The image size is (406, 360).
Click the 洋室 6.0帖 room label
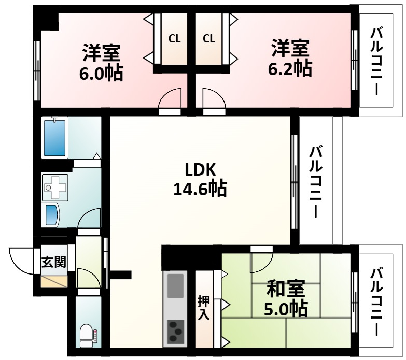[x=101, y=62]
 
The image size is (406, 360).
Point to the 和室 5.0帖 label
[x=286, y=299]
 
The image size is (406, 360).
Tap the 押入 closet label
[x=204, y=308]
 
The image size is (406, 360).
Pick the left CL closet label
[x=174, y=38]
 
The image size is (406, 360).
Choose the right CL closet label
[x=209, y=38]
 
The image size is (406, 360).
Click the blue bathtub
[x=55, y=137]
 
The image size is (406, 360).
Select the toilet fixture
[x=88, y=334]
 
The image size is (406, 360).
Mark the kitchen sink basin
[x=176, y=286]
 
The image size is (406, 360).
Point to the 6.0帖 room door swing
[x=170, y=100]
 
